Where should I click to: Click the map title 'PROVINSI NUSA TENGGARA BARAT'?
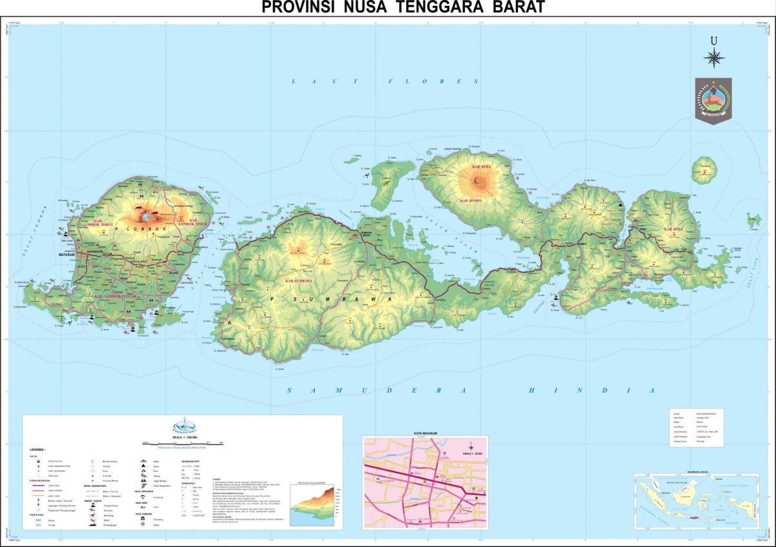point(404,7)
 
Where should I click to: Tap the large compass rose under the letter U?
point(714,58)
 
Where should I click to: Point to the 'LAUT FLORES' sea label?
point(385,81)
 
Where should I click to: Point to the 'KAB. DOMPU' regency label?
point(473,201)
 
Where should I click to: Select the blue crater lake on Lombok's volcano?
point(150,210)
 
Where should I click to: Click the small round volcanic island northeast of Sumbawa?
point(704,170)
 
